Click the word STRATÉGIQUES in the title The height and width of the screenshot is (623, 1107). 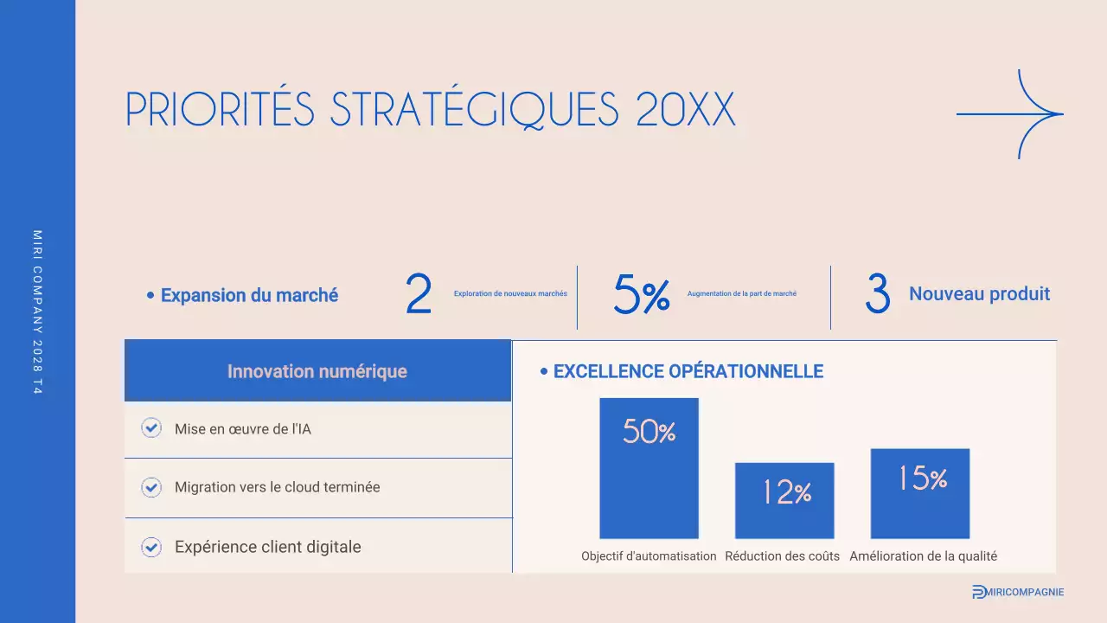[475, 110]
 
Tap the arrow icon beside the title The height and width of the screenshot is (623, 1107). [1010, 114]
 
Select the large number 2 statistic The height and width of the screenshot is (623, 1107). [419, 296]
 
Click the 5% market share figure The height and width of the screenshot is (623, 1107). [642, 296]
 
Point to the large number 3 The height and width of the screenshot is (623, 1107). [877, 296]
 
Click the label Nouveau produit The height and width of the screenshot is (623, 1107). [979, 294]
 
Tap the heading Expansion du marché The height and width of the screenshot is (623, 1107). [249, 295]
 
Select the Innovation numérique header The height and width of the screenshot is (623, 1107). [317, 371]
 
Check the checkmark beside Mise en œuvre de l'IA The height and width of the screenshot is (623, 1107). [151, 428]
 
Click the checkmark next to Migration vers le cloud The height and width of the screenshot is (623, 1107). [151, 487]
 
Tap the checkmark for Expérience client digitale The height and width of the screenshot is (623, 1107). [151, 547]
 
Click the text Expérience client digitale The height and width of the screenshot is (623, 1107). [267, 547]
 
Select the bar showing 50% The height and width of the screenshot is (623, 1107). [649, 468]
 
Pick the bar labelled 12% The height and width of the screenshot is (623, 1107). [784, 500]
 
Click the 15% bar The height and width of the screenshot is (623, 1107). [920, 493]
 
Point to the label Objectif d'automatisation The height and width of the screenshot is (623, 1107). [649, 556]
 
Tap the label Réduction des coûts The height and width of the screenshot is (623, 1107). [782, 556]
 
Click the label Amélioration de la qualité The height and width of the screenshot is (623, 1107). [923, 556]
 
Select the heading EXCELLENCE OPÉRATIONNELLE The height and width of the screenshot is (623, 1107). [688, 371]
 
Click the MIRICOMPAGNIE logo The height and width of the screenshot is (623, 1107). [1018, 592]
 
